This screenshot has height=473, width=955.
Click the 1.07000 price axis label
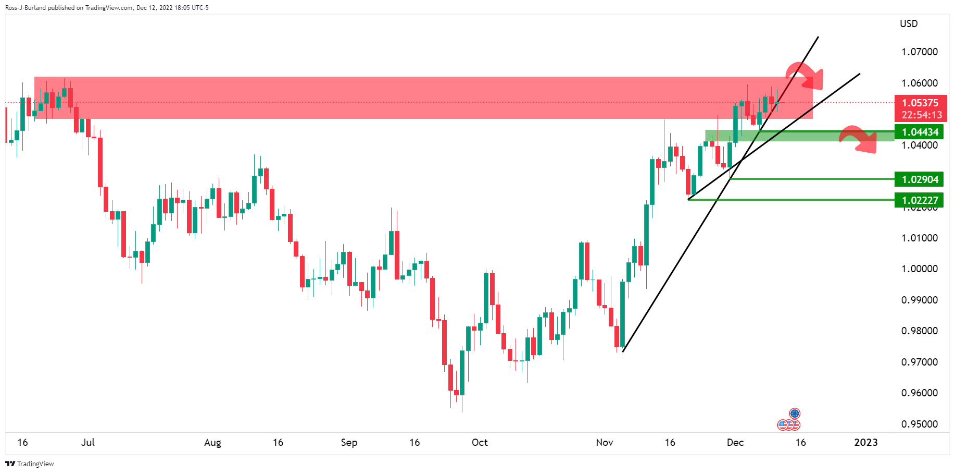[x=919, y=52]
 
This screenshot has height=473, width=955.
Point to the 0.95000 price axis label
[x=919, y=424]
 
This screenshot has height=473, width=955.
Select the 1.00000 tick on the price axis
[x=919, y=269]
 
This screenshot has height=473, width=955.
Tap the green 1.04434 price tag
[x=920, y=132]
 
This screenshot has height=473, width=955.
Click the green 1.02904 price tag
[x=920, y=179]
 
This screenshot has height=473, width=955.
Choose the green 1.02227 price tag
[x=920, y=200]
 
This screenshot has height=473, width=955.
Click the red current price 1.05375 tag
[x=920, y=103]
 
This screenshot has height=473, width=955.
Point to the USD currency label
[x=909, y=23]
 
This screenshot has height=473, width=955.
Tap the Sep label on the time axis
[x=349, y=443]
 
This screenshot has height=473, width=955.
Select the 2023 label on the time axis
[x=866, y=443]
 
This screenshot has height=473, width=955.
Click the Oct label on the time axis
[x=480, y=443]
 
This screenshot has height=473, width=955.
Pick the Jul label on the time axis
[x=88, y=443]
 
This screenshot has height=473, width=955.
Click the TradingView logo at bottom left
[x=30, y=464]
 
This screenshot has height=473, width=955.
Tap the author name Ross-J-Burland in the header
[x=26, y=8]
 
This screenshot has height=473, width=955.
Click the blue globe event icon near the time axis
[x=795, y=414]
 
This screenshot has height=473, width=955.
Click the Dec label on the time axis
[x=735, y=443]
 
